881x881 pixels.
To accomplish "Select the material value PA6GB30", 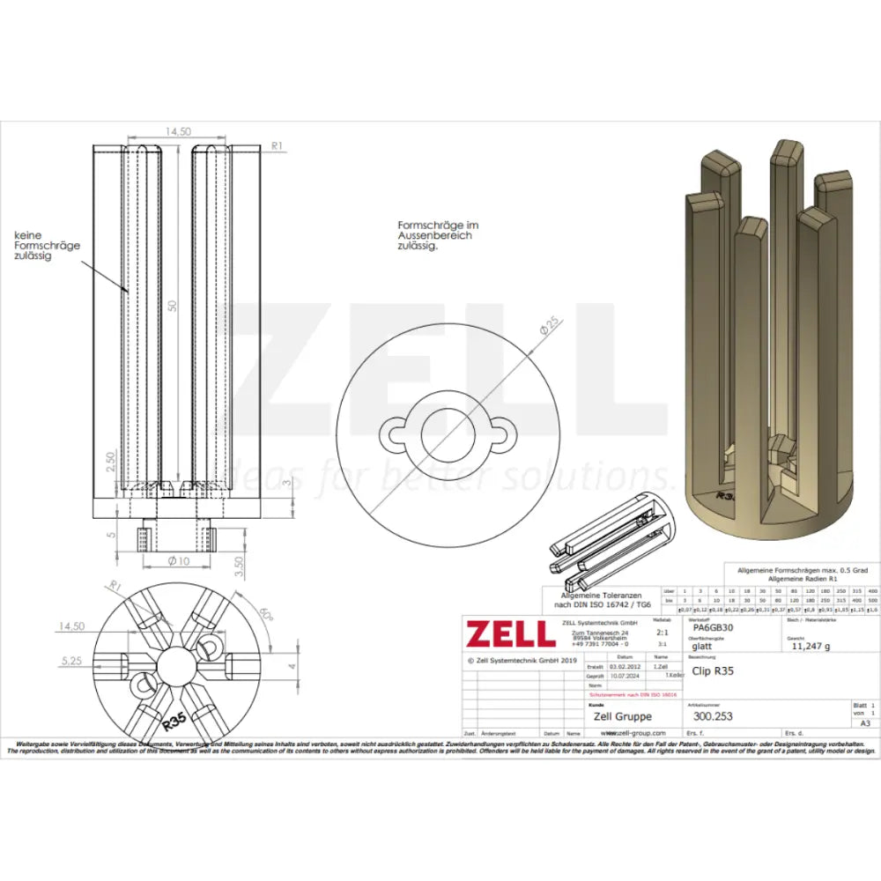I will (714, 629).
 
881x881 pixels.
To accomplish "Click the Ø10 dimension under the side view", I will (179, 560).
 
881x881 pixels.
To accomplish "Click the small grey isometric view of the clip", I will (611, 543).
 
